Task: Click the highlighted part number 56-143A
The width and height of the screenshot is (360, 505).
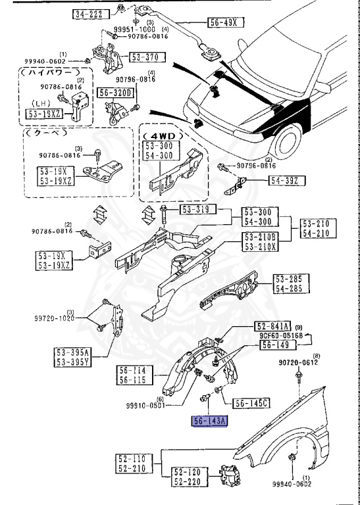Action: coord(209,422)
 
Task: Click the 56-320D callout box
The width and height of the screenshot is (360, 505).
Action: coord(116,93)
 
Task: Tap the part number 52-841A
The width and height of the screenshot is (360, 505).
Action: coord(272,327)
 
